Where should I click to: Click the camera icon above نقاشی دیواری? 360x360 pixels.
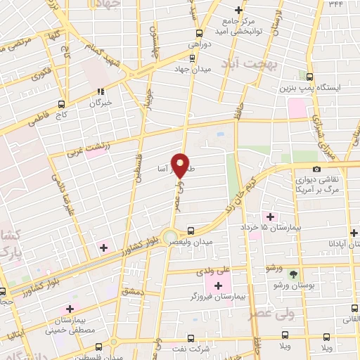[316, 169]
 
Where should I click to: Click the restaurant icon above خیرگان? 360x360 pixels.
[101, 91]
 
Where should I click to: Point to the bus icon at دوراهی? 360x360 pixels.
[200, 32]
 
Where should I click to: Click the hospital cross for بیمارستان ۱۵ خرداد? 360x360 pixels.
[267, 215]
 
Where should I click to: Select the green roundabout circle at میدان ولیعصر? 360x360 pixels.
[169, 236]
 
